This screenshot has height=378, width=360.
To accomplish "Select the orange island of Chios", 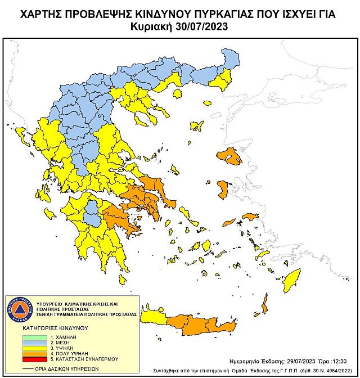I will (222, 190).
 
